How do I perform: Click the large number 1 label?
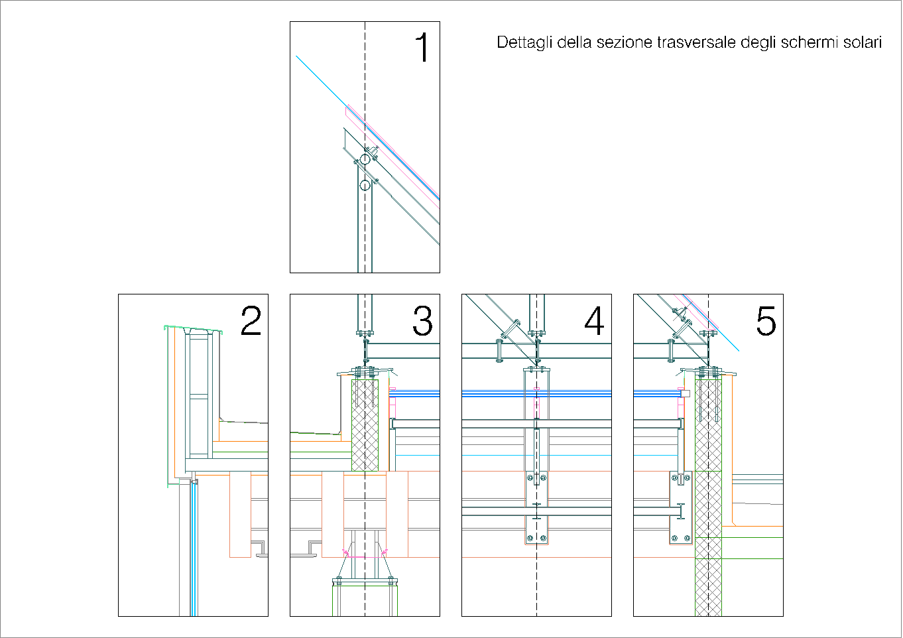coord(422,48)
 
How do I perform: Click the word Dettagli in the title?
coord(524,43)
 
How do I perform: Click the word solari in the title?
coord(863,42)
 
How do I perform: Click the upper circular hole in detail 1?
coord(365,159)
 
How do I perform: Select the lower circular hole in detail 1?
coord(365,185)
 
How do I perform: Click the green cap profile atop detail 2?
coord(192,329)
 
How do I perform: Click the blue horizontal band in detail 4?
coord(536,393)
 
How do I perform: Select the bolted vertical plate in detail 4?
coord(536,507)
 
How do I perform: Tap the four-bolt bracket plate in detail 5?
coord(680,507)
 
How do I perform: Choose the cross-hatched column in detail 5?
coord(708,497)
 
